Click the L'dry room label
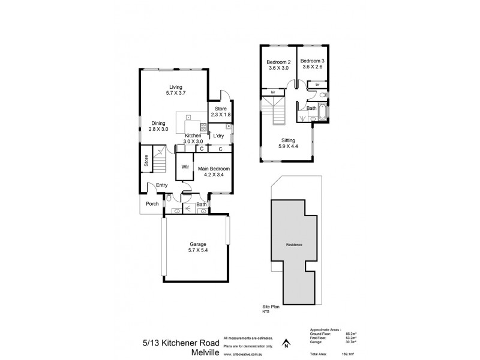pyautogui.click(x=218, y=136)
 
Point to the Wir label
pyautogui.click(x=185, y=166)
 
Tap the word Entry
pyautogui.click(x=162, y=185)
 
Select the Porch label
pyautogui.click(x=152, y=203)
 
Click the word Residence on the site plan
pyautogui.click(x=293, y=245)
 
